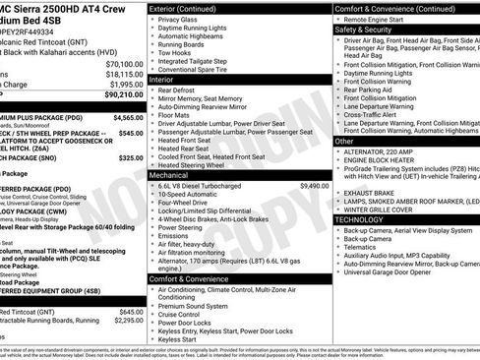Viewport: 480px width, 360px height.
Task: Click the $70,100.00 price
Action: coord(124,63)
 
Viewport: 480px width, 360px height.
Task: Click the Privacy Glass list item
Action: coord(177,20)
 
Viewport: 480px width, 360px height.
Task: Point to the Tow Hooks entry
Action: coord(174,50)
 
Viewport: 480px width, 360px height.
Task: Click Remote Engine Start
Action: coord(381,20)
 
